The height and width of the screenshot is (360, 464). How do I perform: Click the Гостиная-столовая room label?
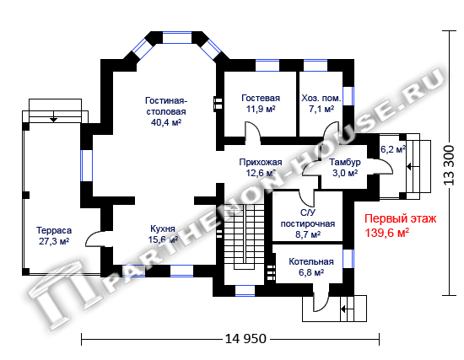click(x=166, y=106)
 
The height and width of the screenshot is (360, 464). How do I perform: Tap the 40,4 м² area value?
click(x=166, y=122)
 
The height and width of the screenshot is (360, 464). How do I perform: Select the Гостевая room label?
click(x=261, y=98)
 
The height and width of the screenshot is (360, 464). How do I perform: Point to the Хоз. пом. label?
click(x=321, y=98)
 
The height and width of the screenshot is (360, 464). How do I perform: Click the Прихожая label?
click(x=261, y=162)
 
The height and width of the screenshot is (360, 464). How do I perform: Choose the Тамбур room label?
click(x=345, y=162)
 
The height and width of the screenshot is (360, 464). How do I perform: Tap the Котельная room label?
click(x=311, y=262)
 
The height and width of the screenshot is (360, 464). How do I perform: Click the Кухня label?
click(x=163, y=228)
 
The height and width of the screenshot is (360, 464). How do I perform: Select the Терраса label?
click(x=54, y=230)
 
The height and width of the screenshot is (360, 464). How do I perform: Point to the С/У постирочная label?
click(x=308, y=218)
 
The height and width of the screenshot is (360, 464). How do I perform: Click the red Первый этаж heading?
click(x=400, y=218)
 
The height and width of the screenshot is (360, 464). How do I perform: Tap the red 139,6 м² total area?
click(x=386, y=233)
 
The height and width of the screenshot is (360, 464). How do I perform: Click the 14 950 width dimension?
click(x=245, y=339)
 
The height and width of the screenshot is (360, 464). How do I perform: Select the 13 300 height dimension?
click(x=449, y=165)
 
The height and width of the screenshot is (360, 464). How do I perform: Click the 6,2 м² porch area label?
click(x=393, y=149)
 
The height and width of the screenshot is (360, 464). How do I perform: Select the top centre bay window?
click(x=177, y=38)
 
